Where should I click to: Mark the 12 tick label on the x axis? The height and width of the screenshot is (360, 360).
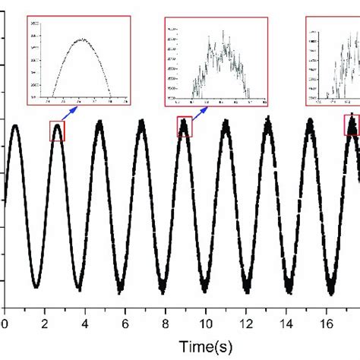point(248,323)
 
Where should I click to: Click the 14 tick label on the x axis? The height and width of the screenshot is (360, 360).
point(289,323)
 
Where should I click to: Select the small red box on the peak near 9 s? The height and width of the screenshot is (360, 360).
point(185,126)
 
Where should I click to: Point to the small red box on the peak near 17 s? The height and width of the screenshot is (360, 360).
point(352,125)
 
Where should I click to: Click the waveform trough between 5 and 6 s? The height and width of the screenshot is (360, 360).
point(120,289)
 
